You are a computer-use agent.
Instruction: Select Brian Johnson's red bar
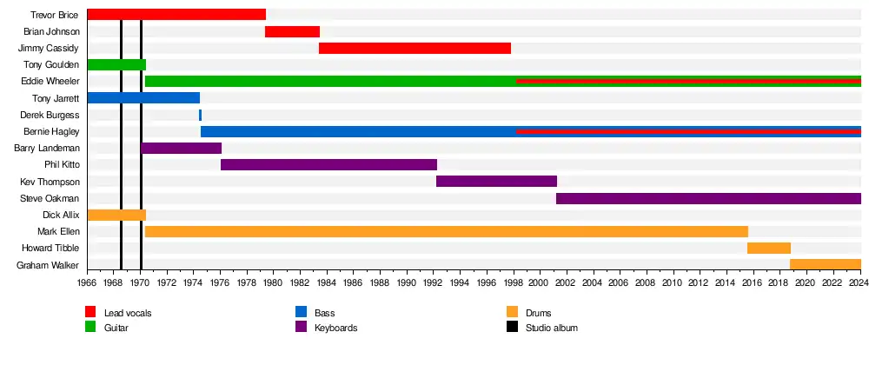(292, 31)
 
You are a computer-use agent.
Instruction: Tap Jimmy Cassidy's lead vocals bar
(415, 48)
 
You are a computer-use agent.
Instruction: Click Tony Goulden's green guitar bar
(116, 64)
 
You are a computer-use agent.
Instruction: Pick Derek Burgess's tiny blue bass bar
(200, 115)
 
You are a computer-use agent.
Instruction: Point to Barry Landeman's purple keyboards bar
(181, 148)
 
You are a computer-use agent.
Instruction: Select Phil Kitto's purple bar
(328, 164)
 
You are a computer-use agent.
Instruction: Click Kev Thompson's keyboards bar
(496, 182)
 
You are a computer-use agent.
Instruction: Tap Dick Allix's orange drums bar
(116, 215)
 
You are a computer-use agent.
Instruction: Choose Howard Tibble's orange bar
(768, 248)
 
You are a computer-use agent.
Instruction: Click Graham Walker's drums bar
(825, 264)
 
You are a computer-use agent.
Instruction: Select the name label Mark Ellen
(58, 232)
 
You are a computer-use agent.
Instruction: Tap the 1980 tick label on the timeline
(273, 282)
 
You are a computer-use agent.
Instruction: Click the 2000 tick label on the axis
(539, 282)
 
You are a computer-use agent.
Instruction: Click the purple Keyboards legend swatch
(301, 328)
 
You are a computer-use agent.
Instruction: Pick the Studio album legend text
(551, 328)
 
